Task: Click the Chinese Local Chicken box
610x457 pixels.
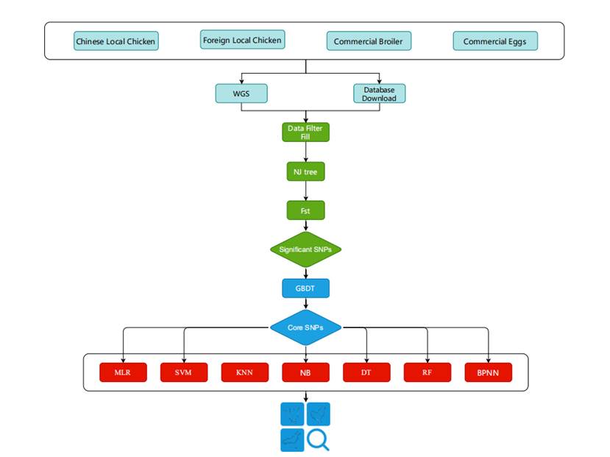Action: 116,41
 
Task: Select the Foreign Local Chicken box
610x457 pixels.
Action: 242,40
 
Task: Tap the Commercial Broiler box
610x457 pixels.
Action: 369,41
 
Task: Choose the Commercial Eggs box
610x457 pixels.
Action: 495,41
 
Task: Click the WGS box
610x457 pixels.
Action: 241,94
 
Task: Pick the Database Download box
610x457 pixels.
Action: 379,94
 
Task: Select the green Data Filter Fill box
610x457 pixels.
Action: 305,132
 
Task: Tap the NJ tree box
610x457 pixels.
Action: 305,171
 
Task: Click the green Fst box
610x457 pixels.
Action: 305,210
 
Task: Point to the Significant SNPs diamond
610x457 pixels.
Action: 305,249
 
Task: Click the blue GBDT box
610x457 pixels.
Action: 305,288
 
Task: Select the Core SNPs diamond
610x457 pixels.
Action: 305,327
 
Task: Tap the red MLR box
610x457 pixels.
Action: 123,372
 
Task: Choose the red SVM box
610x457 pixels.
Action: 184,372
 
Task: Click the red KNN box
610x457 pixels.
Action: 245,372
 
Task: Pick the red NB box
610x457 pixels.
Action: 305,372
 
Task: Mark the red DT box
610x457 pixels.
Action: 366,372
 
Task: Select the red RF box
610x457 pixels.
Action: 428,372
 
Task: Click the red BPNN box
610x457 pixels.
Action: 489,372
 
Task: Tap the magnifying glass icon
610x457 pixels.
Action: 318,439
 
